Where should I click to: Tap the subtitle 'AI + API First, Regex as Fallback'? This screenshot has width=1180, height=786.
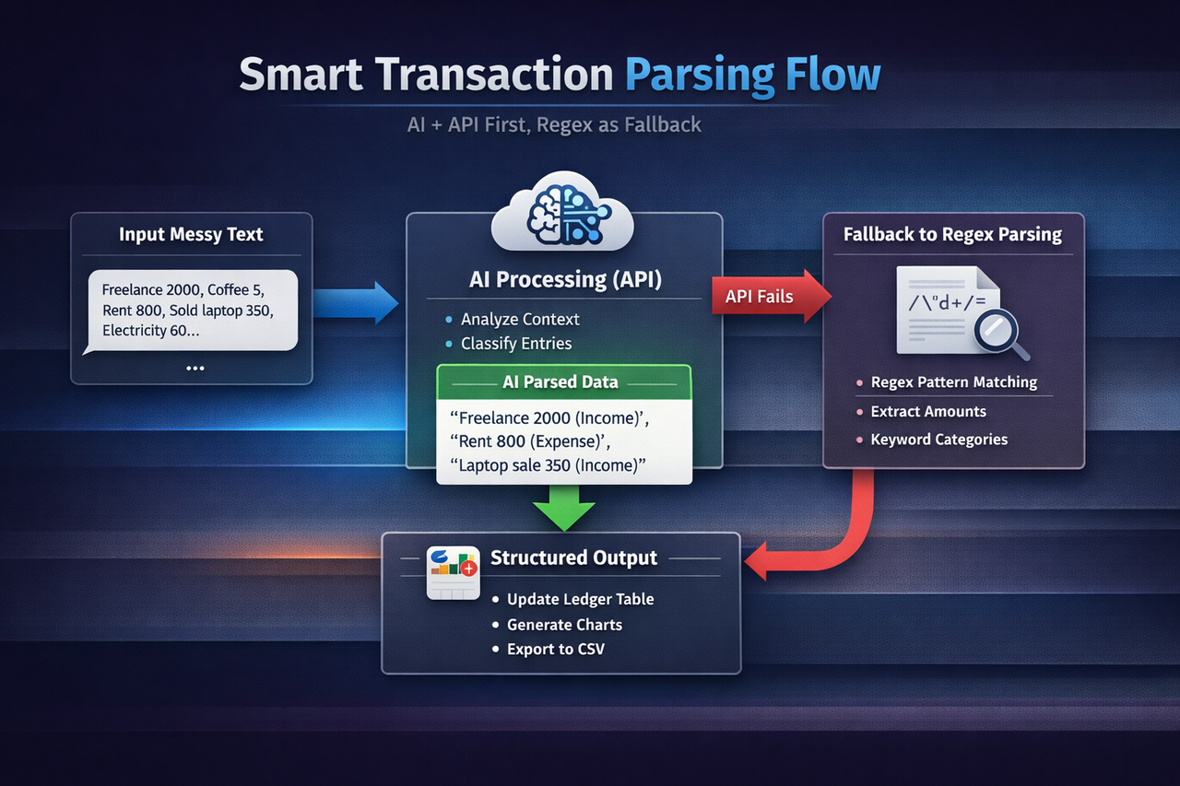click(x=554, y=124)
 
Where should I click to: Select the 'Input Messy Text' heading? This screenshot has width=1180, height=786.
click(x=191, y=235)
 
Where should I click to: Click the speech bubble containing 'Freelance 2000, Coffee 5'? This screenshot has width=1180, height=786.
click(x=191, y=310)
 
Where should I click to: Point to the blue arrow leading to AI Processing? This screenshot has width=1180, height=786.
click(x=355, y=303)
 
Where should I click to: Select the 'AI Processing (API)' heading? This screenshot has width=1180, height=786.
click(x=564, y=280)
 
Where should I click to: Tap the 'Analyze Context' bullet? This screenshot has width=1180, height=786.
click(x=520, y=320)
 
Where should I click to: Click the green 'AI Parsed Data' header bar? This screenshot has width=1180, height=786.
click(x=562, y=381)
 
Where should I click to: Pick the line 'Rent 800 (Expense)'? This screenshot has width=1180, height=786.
click(x=544, y=441)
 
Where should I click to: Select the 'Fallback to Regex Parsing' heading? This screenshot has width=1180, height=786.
click(x=952, y=235)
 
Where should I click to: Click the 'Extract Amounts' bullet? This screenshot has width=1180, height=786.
click(x=927, y=412)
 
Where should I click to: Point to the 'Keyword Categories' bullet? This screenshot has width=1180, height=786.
click(x=938, y=440)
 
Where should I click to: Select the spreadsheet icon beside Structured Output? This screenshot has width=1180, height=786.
click(x=453, y=573)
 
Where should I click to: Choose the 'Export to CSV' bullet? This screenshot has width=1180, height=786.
click(x=555, y=650)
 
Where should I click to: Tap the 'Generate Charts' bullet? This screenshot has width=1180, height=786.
click(x=563, y=625)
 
